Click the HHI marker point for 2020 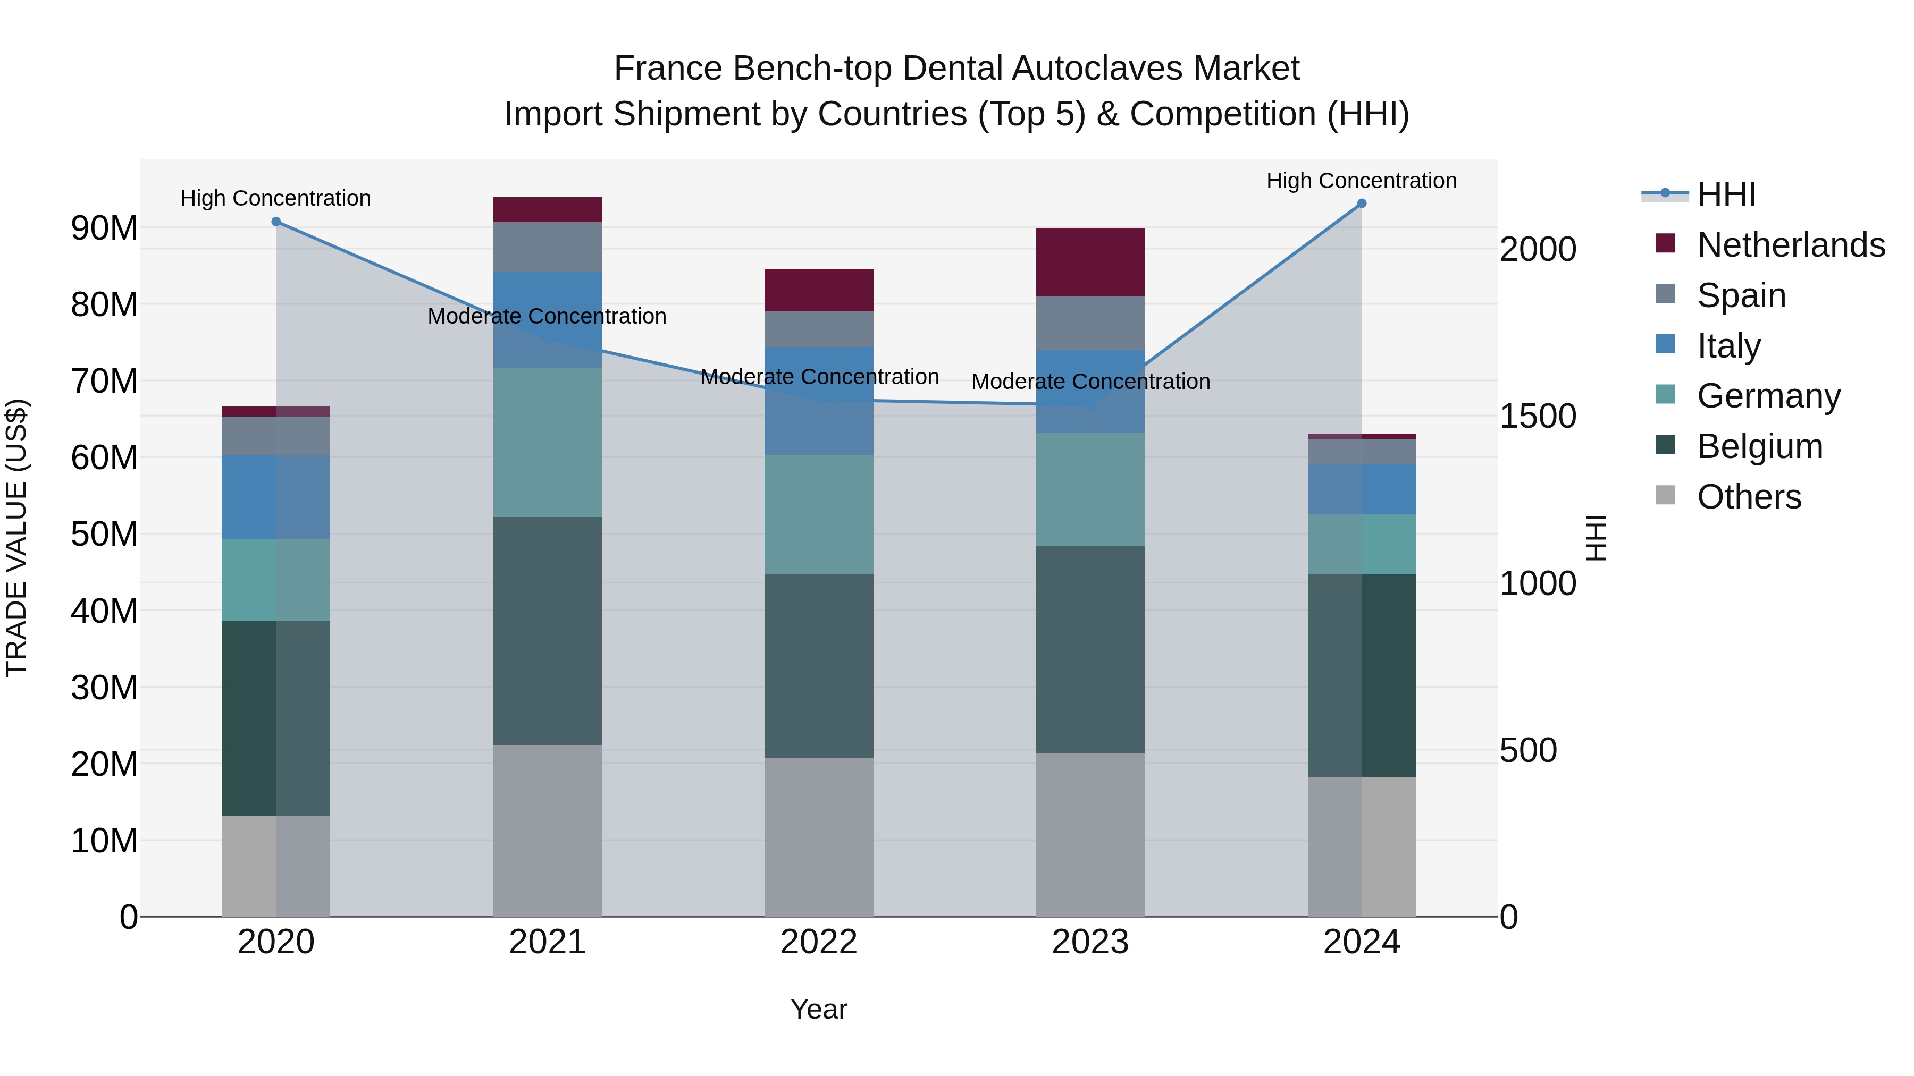pos(275,221)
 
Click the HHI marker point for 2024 pos(1361,204)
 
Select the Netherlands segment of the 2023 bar pos(1090,262)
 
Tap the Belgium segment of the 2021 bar pos(548,631)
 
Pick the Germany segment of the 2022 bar pos(819,514)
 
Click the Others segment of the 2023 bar pos(1090,835)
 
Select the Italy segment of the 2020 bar pos(275,497)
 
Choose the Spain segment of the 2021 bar pos(548,247)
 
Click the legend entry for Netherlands pos(1791,245)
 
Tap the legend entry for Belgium pos(1759,446)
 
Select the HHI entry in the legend pos(1726,194)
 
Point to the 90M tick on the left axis pos(104,228)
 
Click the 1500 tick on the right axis pos(1537,416)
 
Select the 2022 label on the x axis pos(819,942)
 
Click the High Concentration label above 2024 pos(1361,181)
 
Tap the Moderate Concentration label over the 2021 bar pos(547,316)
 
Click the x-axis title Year pos(819,1009)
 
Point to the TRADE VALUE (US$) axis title pos(16,538)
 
